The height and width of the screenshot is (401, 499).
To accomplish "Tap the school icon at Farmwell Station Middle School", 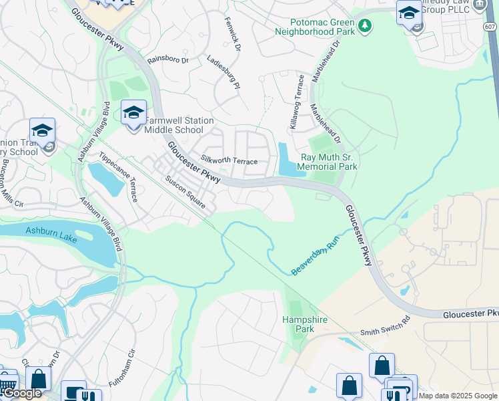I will point(133,113).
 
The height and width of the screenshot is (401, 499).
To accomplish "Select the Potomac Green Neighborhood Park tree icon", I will point(365,26).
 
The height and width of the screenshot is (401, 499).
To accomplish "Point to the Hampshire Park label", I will point(305,324).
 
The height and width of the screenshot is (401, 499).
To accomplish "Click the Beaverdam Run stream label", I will point(316,257).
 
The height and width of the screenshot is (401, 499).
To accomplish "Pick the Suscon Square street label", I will point(185,192).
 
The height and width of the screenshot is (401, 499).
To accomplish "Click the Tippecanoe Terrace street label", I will point(118,176).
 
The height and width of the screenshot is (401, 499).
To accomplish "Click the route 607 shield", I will point(490,26).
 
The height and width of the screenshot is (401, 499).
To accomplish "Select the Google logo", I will point(21,394).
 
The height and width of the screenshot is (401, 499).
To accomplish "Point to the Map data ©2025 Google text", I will point(458,396).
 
